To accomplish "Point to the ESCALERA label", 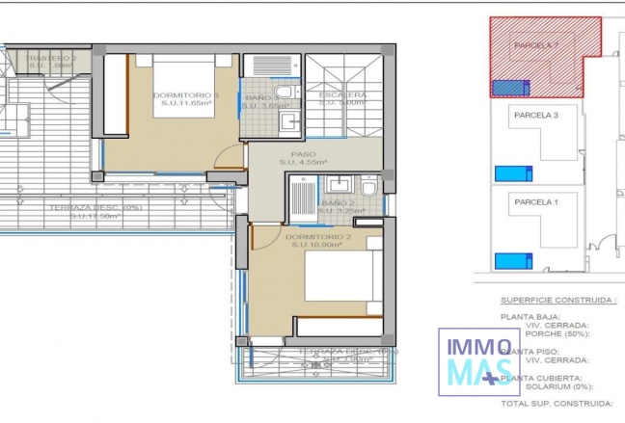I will coord(343,95).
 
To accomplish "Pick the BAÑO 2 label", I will coord(339,203).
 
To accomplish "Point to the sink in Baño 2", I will coord(339,184).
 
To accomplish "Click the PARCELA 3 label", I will coord(536,115).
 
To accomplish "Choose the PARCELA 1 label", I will coord(536,201).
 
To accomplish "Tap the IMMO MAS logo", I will coord(476,361).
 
